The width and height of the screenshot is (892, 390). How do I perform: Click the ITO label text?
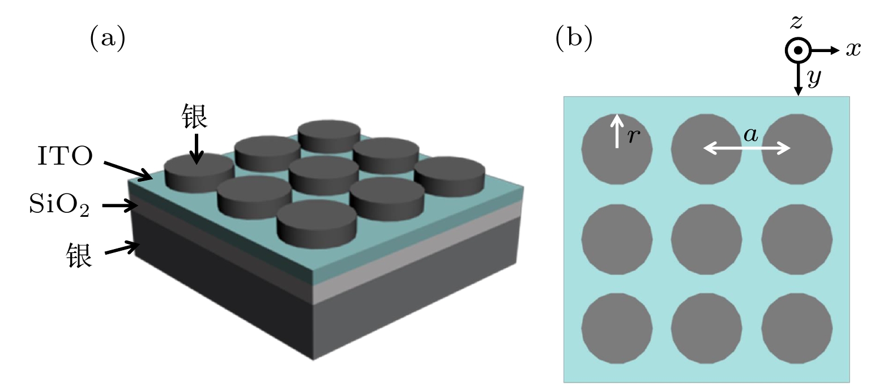[65, 156]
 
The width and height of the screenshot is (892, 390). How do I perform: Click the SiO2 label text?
[59, 204]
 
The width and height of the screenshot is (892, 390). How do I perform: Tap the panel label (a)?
[108, 38]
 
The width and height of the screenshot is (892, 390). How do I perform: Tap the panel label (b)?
[574, 38]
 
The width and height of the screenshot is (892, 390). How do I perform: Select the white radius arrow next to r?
[617, 131]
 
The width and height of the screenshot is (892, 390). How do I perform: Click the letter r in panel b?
[634, 136]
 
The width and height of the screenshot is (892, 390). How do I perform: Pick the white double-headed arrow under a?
[746, 148]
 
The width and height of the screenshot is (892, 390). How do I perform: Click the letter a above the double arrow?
[750, 135]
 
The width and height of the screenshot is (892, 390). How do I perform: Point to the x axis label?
[853, 49]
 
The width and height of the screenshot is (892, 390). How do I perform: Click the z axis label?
[796, 22]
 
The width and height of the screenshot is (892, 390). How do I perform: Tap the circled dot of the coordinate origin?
[797, 50]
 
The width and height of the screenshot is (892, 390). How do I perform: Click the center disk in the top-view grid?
[706, 239]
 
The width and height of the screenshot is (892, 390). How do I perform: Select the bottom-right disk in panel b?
[797, 329]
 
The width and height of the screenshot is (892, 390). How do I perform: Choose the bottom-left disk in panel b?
[617, 329]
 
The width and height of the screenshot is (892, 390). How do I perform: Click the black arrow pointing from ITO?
[128, 170]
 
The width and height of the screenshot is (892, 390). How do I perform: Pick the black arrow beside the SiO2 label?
[121, 205]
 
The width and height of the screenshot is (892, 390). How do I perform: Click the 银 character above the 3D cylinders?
[194, 116]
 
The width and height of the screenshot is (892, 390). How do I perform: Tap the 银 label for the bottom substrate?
[79, 255]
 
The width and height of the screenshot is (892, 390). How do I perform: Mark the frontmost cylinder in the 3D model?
[317, 224]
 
